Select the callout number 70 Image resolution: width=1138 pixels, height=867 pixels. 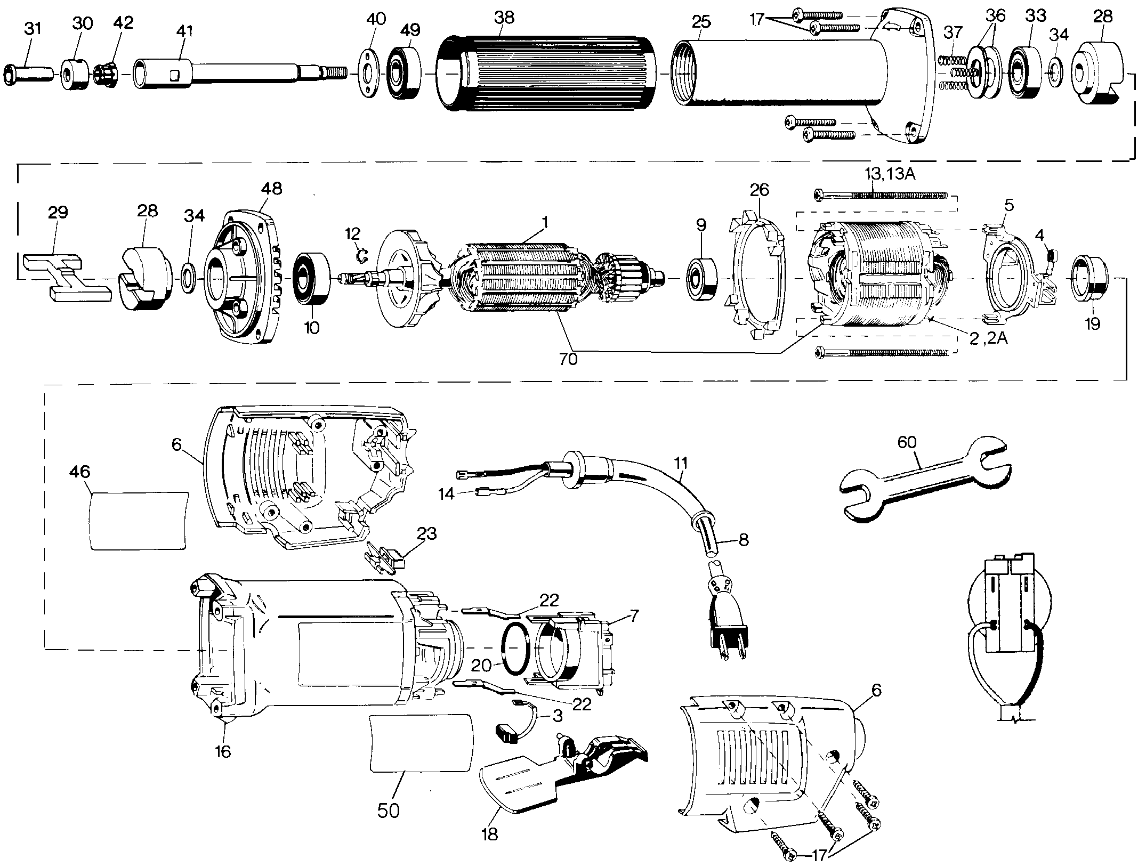568,359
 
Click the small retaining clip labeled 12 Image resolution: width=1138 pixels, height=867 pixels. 362,256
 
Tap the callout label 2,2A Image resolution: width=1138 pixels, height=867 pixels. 988,339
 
